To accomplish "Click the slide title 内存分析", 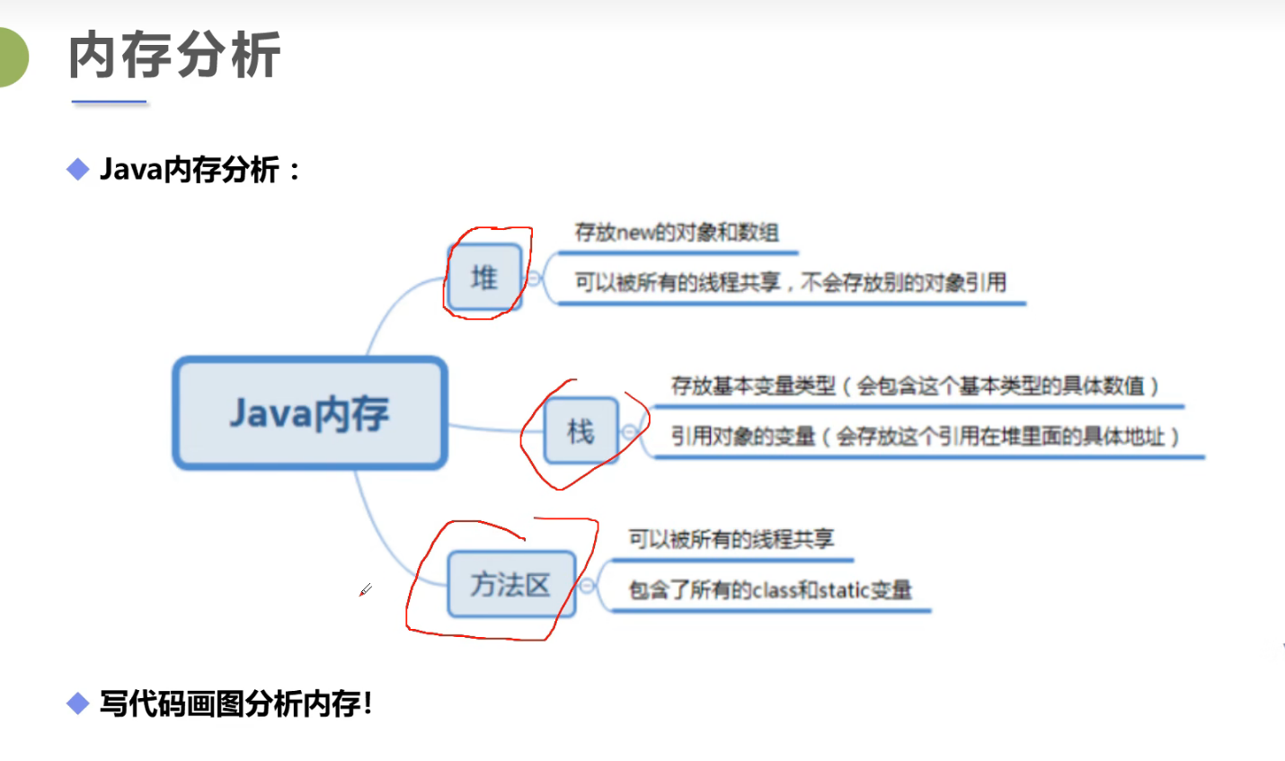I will tap(174, 56).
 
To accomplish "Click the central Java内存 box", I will tap(310, 413).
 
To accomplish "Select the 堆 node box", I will tap(484, 278).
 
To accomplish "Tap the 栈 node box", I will tap(580, 432).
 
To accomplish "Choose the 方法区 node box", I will tap(510, 585).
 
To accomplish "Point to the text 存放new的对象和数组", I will tap(676, 233).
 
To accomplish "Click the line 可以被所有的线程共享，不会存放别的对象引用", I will tap(790, 283).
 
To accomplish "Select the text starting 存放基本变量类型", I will tap(915, 386).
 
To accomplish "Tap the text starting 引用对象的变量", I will tap(925, 438).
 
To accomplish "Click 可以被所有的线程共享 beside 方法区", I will tap(731, 539).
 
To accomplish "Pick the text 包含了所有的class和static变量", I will tap(769, 590).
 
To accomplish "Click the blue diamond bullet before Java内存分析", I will tap(78, 169).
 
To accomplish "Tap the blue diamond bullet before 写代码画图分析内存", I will tap(78, 703).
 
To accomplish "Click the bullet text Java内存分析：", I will tap(199, 169).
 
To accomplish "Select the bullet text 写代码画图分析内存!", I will tap(235, 703).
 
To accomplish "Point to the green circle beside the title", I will tap(11, 57).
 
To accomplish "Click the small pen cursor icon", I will tap(365, 590).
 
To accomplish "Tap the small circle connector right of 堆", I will tap(534, 279).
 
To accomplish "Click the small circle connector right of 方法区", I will tap(587, 586).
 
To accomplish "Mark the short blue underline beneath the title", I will tap(109, 102).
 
